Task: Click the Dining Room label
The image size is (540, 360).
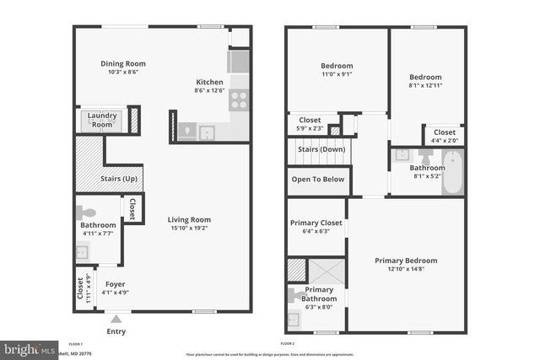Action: [x=123, y=63]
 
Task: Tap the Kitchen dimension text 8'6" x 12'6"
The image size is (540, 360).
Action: [x=208, y=90]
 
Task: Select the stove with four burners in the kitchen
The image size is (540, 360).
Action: [x=239, y=100]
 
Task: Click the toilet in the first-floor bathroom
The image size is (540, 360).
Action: [x=88, y=213]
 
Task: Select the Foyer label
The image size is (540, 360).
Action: [x=113, y=283]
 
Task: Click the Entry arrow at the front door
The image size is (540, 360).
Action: [x=116, y=319]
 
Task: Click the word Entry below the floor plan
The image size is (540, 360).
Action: [x=116, y=331]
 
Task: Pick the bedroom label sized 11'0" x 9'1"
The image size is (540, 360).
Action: [x=337, y=66]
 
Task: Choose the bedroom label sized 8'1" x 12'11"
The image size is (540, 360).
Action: [x=425, y=77]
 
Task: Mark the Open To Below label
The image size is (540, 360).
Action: [x=318, y=179]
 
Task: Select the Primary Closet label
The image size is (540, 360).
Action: [x=316, y=223]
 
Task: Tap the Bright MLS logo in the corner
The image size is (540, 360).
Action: [x=28, y=347]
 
